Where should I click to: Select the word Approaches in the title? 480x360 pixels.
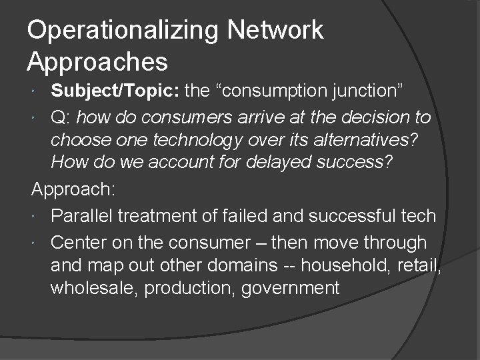[97, 61]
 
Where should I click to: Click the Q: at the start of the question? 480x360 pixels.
[62, 118]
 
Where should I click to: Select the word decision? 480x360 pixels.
[375, 118]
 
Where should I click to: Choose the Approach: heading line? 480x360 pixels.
[73, 191]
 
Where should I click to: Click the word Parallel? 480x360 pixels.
[79, 216]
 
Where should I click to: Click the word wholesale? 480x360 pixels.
[89, 289]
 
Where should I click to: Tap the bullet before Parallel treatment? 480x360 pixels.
[41, 216]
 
